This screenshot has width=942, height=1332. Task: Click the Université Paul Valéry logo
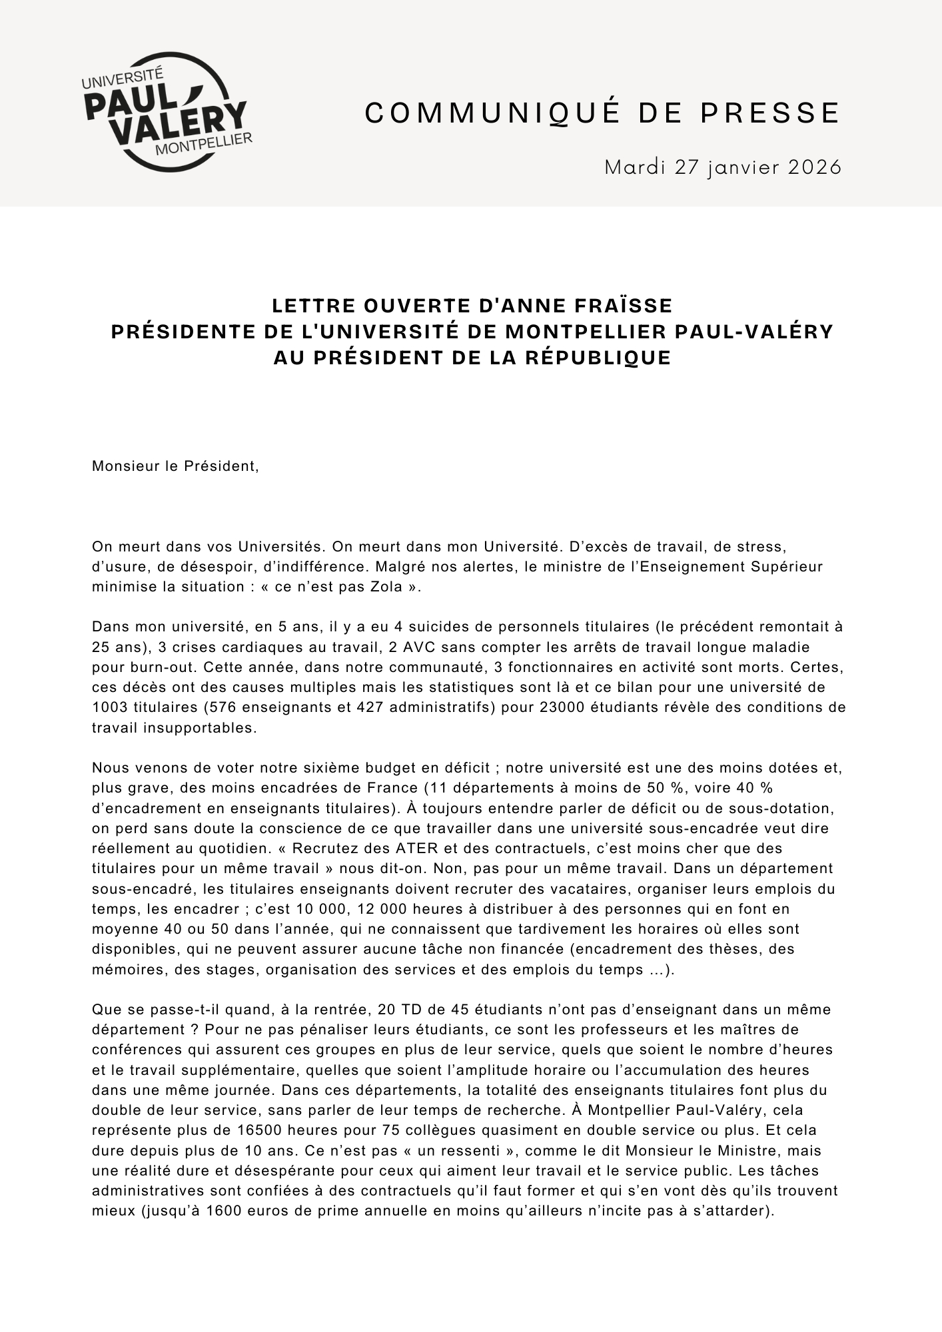coord(166,112)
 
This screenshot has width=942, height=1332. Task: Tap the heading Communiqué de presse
coord(602,113)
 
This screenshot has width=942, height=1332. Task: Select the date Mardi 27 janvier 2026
coord(723,166)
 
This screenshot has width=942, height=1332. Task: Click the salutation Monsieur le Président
coord(175,466)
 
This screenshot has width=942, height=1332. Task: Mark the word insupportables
coord(198,727)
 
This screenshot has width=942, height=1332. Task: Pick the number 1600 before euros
coord(222,1211)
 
